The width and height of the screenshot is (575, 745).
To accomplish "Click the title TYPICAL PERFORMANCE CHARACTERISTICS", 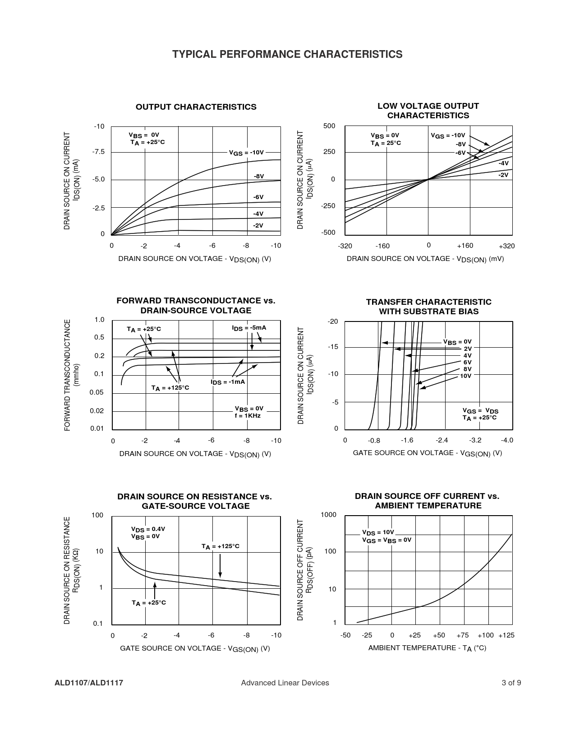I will (x=287, y=55).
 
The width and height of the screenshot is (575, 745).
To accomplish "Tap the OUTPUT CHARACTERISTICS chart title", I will (x=196, y=107).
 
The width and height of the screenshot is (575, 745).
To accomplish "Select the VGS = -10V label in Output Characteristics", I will (x=246, y=153).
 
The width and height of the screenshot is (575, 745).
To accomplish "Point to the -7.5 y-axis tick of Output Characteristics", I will (x=98, y=152).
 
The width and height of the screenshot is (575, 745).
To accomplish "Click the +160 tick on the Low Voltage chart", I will (x=465, y=246).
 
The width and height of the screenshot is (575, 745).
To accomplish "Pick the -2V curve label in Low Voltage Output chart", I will (x=503, y=175).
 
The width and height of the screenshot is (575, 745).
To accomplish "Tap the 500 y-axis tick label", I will (x=329, y=126).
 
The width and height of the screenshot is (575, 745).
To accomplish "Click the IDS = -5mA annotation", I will (x=249, y=328).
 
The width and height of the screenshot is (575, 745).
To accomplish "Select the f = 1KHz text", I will (x=248, y=415).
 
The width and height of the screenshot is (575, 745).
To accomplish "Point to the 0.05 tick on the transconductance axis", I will (x=97, y=392).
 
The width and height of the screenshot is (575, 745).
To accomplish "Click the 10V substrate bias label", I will (x=465, y=376).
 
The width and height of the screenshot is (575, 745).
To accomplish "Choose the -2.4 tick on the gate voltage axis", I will (x=442, y=440).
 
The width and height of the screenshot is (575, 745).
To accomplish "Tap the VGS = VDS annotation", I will (x=480, y=411).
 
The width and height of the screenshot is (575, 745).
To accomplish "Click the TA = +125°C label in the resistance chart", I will (x=220, y=546).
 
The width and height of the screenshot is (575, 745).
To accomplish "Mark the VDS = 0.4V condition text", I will (x=148, y=529).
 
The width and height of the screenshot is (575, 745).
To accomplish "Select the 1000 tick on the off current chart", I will (x=328, y=515).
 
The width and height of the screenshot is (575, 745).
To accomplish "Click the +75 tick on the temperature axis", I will (x=462, y=635).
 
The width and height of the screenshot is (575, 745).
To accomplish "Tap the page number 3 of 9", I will (x=511, y=683).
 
